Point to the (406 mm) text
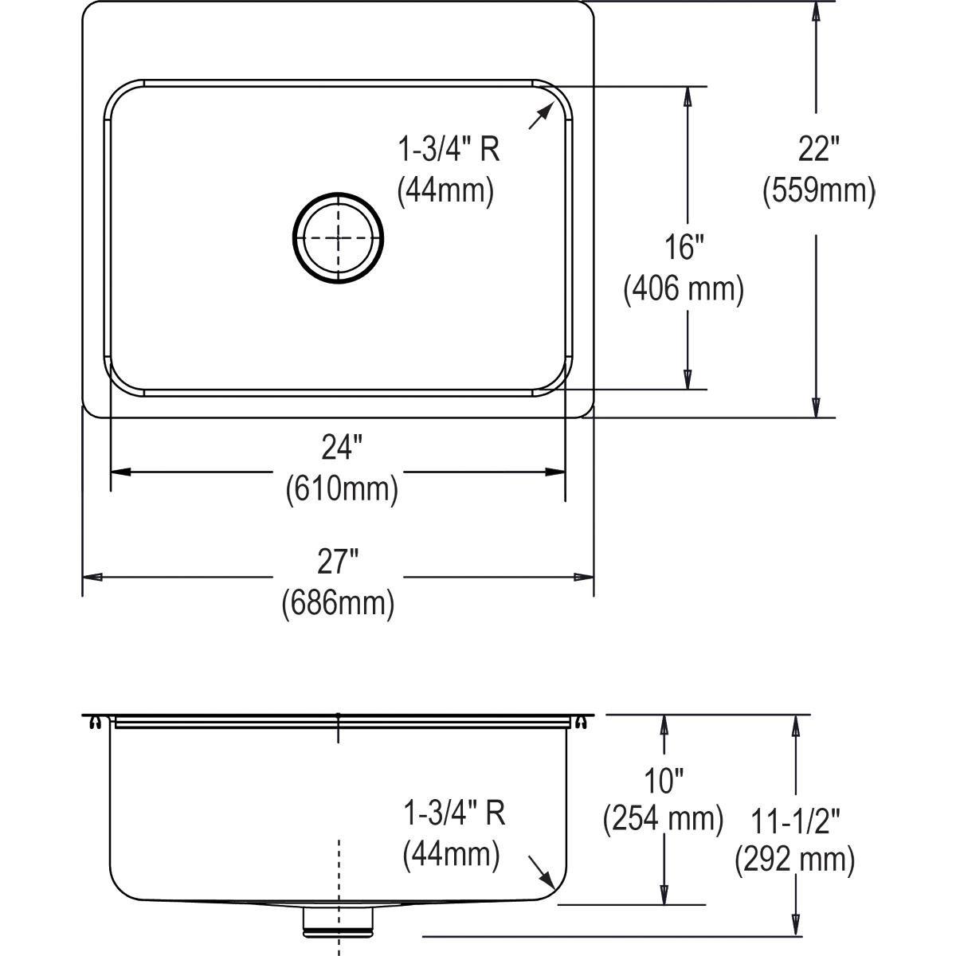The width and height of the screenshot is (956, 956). pos(684,288)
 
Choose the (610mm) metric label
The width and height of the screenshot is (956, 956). pos(342,488)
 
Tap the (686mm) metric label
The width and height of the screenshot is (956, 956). pos(339,603)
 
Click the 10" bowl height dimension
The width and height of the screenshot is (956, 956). pos(664,781)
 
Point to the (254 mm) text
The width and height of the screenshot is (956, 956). pos(664,818)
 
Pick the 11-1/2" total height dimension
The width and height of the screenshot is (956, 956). pos(795,820)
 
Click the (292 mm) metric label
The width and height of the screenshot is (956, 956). pos(795,860)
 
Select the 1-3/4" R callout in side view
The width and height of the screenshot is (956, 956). pos(454,813)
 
